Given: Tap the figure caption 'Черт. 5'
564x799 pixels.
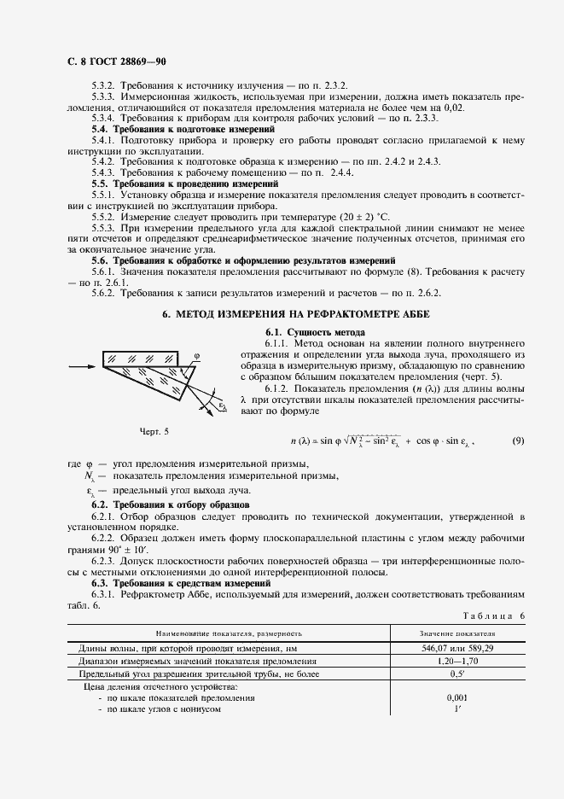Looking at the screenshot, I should (x=154, y=432).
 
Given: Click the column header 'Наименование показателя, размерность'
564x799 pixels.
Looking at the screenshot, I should (x=228, y=634).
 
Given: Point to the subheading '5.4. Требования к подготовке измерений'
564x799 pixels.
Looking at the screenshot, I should (x=183, y=128).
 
